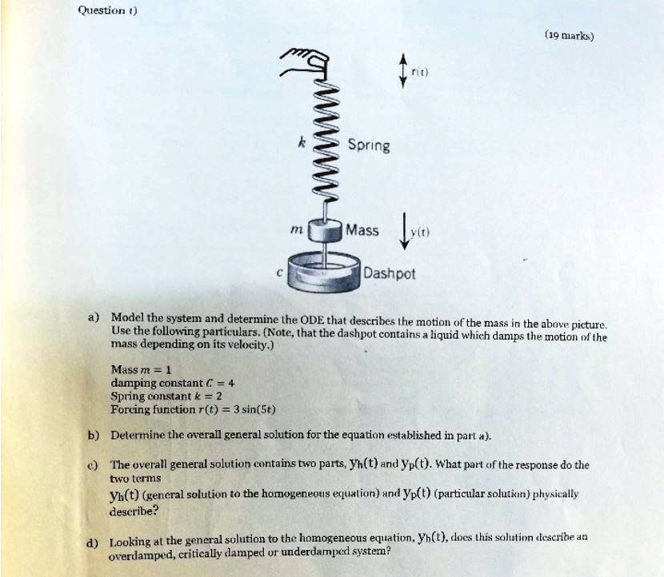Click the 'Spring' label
pos(369,145)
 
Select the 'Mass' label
pos(362,230)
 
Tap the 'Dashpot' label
pos(389,273)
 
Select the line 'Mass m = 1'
pos(141,368)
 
